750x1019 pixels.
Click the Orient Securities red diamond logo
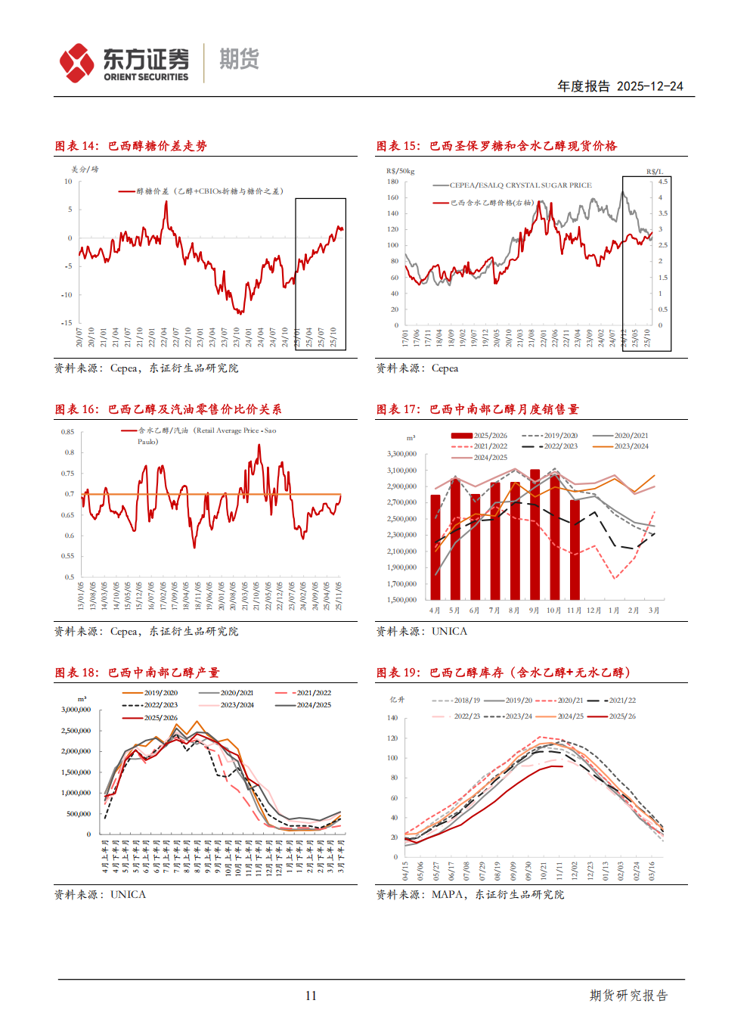tap(77, 63)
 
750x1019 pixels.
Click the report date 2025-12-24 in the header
tap(649, 86)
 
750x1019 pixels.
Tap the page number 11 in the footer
tap(311, 996)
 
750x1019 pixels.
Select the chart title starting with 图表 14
tap(131, 146)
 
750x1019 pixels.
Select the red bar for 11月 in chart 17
tap(575, 549)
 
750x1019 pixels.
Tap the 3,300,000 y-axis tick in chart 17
tap(401, 454)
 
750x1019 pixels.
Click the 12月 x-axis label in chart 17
tap(594, 610)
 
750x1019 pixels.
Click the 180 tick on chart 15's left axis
tap(392, 182)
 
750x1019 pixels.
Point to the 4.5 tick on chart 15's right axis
tap(662, 182)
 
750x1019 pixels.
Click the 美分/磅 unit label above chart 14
tap(85, 169)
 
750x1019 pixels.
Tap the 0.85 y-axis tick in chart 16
tap(68, 432)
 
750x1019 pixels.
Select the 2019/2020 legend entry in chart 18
tap(160, 693)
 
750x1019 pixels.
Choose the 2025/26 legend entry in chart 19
tap(621, 716)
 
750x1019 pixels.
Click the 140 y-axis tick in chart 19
tap(392, 718)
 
